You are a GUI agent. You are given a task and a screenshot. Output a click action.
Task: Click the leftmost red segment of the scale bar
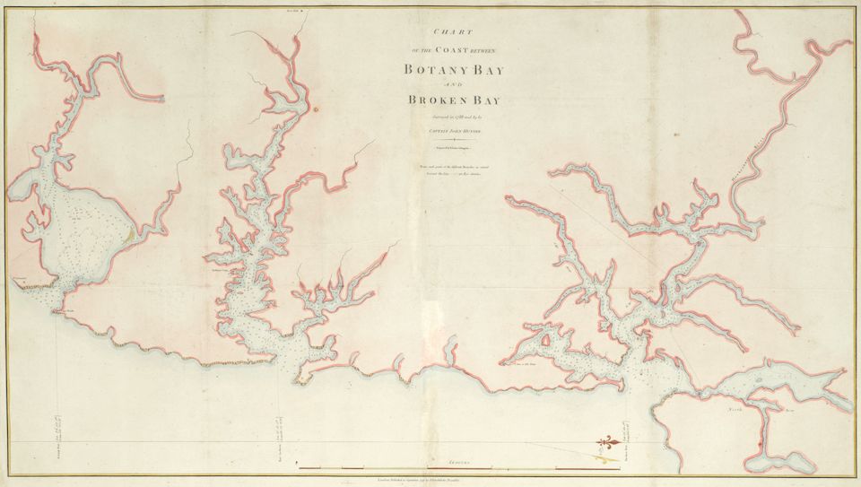click(x=319, y=469)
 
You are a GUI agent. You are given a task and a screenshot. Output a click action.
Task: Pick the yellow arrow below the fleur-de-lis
click(x=609, y=457)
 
